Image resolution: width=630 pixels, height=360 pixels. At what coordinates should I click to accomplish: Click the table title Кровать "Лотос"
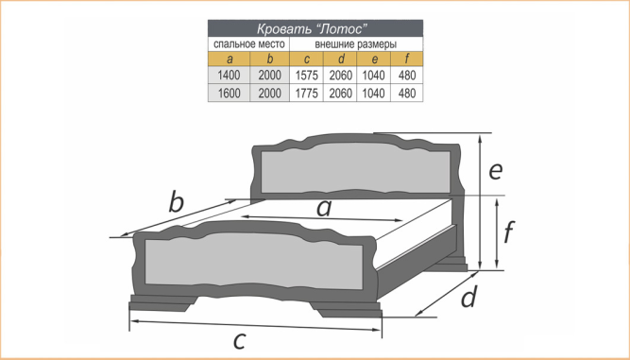[313, 29]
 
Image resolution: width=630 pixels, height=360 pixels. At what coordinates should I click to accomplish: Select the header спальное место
[249, 44]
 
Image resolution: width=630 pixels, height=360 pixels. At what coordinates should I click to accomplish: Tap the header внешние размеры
[355, 44]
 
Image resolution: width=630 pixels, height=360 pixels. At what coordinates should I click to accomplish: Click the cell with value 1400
[229, 76]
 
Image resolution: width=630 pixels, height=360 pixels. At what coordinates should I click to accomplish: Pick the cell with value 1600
[229, 94]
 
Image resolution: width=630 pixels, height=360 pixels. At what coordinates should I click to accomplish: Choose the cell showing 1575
[307, 76]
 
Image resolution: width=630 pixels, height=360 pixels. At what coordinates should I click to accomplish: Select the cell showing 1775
[307, 94]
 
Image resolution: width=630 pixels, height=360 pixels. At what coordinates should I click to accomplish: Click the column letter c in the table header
[307, 60]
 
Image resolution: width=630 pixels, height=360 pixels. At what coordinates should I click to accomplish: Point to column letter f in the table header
[407, 60]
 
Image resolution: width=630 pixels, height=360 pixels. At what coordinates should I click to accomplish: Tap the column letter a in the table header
[230, 60]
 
